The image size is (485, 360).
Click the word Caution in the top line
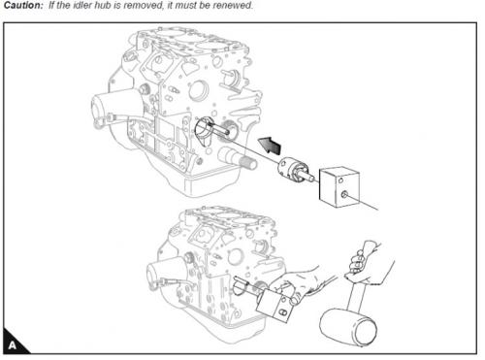click(x=23, y=5)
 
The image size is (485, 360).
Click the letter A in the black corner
click(x=13, y=345)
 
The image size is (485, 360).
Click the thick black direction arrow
click(x=270, y=145)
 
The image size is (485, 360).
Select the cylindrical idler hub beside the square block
click(x=295, y=170)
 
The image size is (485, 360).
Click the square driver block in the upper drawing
click(x=339, y=187)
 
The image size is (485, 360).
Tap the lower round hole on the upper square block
click(x=344, y=195)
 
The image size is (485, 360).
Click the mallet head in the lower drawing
click(x=348, y=327)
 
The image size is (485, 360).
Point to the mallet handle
click(x=357, y=294)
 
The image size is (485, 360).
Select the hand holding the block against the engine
click(x=297, y=283)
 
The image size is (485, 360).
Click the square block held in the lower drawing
click(x=276, y=305)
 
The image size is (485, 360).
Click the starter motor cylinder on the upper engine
click(x=113, y=107)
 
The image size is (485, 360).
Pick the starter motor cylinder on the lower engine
click(x=166, y=273)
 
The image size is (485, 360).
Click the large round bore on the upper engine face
click(x=197, y=90)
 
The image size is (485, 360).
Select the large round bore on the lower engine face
click(x=236, y=257)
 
